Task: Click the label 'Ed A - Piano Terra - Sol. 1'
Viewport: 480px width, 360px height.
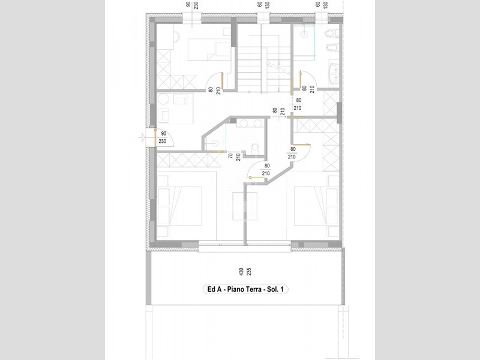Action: (245, 289)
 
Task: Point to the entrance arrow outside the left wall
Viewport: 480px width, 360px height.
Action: (142, 137)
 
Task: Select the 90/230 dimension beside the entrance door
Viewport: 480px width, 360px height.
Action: (163, 137)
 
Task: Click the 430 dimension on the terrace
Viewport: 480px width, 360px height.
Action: (241, 272)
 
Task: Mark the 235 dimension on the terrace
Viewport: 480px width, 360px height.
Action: (249, 272)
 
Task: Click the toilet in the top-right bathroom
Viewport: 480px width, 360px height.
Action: (332, 33)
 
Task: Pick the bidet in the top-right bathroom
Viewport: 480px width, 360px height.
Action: (333, 48)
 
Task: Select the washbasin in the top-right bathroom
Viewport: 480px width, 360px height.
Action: (334, 73)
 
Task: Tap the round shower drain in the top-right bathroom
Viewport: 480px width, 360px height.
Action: (304, 34)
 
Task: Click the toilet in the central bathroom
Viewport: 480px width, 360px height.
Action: (254, 149)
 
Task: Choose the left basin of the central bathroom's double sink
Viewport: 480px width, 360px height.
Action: (244, 124)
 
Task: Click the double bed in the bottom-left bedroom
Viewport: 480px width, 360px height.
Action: (179, 206)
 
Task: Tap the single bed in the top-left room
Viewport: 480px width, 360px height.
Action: (209, 49)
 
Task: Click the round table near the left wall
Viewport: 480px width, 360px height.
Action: (163, 99)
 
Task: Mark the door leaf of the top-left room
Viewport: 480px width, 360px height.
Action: (223, 81)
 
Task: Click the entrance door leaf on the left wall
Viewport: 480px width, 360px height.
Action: (155, 137)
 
